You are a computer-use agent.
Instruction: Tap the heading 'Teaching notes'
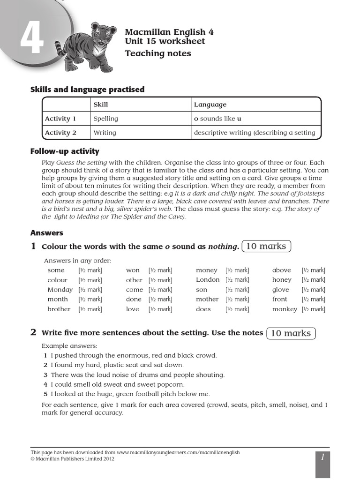click(157, 53)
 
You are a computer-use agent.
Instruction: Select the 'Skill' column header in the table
click(100, 105)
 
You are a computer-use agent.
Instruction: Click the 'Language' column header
click(210, 105)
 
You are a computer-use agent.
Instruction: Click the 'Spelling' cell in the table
click(105, 119)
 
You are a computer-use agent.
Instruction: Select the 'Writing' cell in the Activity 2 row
click(105, 133)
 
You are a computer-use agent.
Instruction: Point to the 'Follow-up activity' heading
click(65, 151)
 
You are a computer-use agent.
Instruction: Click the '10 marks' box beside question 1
click(266, 246)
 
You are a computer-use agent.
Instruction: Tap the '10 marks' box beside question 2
click(291, 333)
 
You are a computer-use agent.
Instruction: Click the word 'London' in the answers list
click(208, 280)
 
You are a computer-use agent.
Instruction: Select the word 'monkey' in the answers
click(285, 309)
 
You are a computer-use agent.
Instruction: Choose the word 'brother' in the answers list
click(59, 309)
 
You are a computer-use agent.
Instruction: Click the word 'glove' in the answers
click(281, 290)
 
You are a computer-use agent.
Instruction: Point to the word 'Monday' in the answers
click(60, 290)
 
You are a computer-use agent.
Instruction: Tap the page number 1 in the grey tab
click(322, 457)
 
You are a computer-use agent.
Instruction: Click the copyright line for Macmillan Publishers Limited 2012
click(72, 459)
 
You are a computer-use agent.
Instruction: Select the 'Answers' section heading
click(46, 233)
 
